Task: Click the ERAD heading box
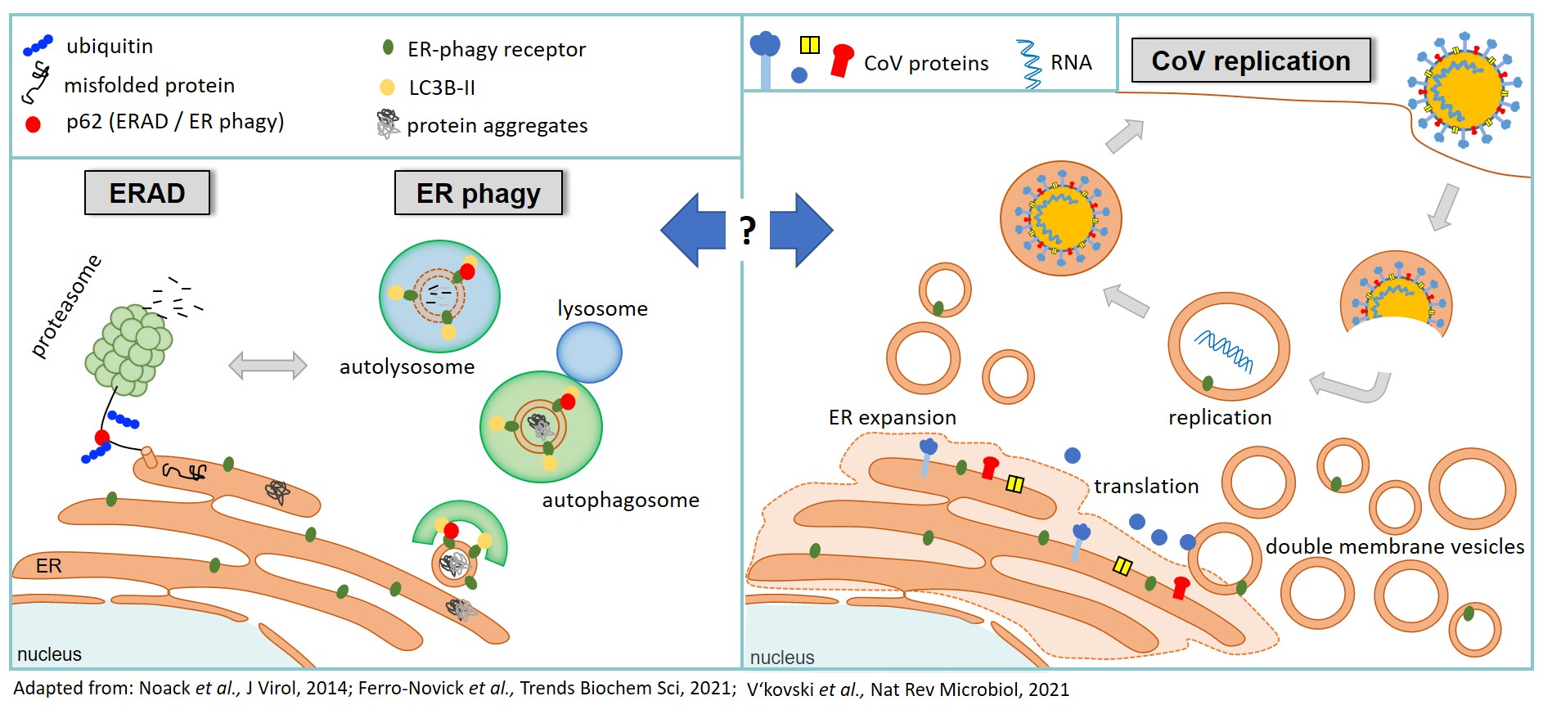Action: click(x=147, y=193)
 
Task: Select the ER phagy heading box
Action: click(x=479, y=193)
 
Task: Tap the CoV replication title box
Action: click(x=1251, y=61)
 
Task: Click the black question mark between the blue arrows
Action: click(x=747, y=231)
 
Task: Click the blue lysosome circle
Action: click(x=589, y=353)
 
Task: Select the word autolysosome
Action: click(x=407, y=367)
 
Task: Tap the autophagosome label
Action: click(x=620, y=500)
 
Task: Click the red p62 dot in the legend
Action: click(x=33, y=124)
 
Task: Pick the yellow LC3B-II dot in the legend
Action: click(x=388, y=87)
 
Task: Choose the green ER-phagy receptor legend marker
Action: click(x=388, y=47)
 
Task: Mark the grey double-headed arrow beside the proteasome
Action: click(x=268, y=366)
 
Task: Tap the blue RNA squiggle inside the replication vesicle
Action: click(x=1224, y=351)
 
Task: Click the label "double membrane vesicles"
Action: click(x=1395, y=546)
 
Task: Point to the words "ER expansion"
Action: click(x=893, y=417)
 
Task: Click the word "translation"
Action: click(x=1146, y=486)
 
